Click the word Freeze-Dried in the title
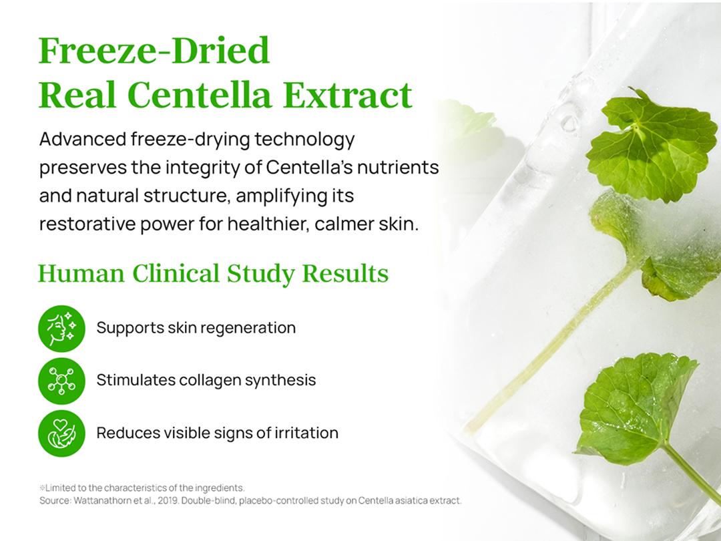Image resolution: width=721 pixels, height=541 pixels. tap(154, 51)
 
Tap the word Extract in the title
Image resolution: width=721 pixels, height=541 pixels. tap(347, 95)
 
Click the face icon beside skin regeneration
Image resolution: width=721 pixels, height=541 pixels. tap(61, 328)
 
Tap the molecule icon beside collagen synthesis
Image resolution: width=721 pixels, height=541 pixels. tap(61, 381)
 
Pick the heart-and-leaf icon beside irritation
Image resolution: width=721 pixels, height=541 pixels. tap(61, 433)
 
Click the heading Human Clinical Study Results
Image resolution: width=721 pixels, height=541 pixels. tap(213, 274)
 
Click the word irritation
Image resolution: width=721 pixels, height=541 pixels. tap(306, 433)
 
